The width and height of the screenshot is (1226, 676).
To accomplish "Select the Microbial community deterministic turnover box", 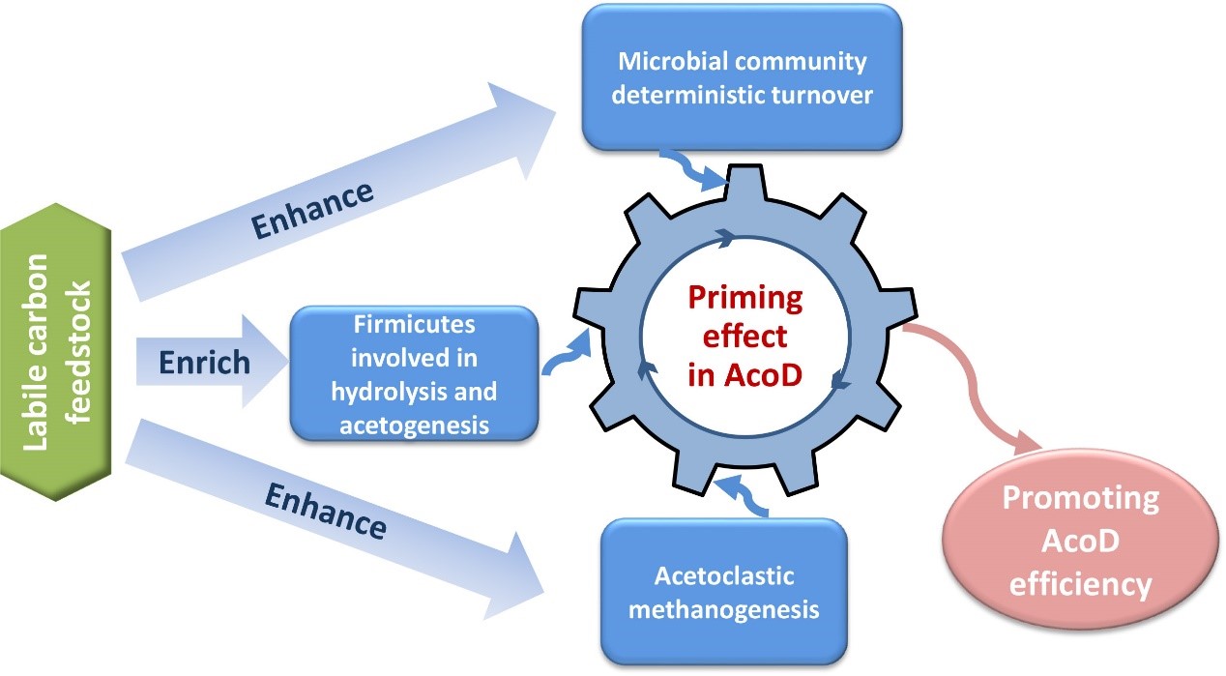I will coord(741,78).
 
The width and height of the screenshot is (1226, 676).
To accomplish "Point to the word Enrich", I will coord(204,363).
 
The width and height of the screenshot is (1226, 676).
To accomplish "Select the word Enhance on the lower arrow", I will coord(325,512).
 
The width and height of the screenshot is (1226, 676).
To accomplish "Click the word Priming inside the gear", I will coord(745,297).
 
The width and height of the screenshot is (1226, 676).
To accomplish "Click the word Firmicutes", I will coord(414,325).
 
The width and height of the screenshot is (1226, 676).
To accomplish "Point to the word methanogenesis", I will coord(724,609).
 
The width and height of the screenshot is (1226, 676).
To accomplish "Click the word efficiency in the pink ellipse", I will coord(1080,585).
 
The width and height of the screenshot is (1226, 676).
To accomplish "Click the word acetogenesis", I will coord(414,423).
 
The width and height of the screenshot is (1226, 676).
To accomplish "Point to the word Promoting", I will coord(1080,499).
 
